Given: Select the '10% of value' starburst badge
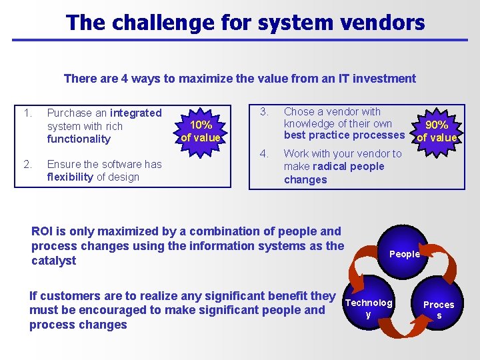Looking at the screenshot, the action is tap(201, 131).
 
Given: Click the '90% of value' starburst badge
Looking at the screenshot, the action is tap(437, 131).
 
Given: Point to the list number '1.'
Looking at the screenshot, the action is tap(27, 113).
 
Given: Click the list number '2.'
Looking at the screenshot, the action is tap(27, 163).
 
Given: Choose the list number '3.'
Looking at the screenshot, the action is tap(264, 111).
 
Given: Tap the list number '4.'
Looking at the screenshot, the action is tap(264, 154).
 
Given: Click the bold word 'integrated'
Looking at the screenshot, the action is tap(136, 113).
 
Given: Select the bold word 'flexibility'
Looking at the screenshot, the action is tap(70, 177).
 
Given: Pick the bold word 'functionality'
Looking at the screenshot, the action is tap(79, 139).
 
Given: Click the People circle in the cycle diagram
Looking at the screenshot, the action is tap(405, 254).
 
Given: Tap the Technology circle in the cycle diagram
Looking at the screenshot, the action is tap(368, 308).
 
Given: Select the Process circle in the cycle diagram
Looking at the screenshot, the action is tap(439, 309).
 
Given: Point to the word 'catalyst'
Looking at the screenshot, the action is tap(53, 261).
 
